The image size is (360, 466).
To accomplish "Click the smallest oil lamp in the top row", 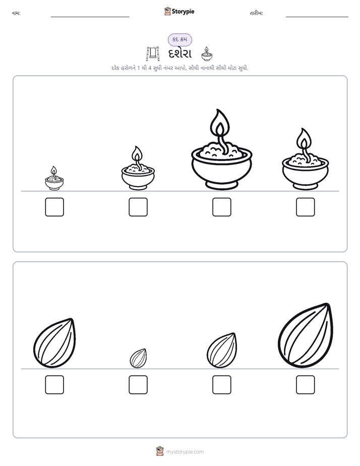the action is click(54, 179).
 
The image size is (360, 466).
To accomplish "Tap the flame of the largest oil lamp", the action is click(220, 125).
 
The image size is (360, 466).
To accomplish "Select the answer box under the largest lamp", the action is click(221, 207).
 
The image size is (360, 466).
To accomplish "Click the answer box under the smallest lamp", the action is click(54, 207).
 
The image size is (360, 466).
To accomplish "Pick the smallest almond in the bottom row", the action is click(138, 358).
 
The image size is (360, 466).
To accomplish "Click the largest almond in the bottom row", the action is click(306, 335).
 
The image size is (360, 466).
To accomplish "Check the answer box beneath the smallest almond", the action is click(138, 385).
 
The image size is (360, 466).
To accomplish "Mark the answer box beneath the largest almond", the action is click(306, 385).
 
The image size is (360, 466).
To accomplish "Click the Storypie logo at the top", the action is click(179, 11).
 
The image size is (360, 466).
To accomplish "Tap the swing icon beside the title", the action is click(153, 54).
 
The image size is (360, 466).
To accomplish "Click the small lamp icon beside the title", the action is click(206, 54).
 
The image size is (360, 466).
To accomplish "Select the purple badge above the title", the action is click(180, 39).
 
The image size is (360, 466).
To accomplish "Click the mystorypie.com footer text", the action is click(185, 452).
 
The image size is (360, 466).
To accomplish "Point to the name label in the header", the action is click(16, 13).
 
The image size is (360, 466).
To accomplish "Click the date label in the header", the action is click(256, 13).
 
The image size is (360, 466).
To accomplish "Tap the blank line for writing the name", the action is click(90, 17).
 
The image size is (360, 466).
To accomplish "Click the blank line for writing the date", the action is click(317, 17).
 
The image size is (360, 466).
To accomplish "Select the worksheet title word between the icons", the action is click(180, 54).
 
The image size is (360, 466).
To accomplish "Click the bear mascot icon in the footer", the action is click(160, 451).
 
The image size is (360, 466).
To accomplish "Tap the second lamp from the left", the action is click(138, 168).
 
